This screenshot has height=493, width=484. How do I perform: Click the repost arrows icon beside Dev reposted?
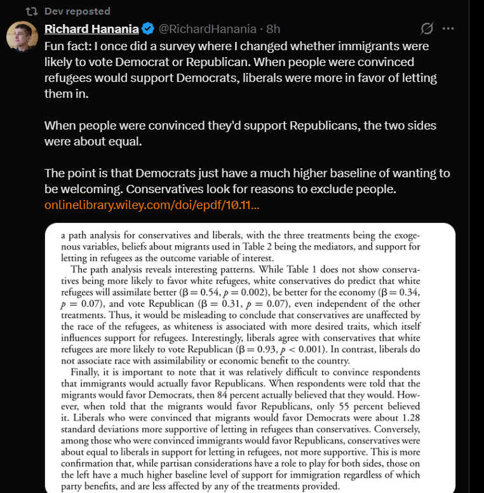30,11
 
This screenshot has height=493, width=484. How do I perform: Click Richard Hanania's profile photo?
22,36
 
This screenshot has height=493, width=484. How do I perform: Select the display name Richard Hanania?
91,29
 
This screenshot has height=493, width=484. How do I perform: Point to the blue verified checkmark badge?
147,29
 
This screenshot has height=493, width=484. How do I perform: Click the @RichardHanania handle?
206,29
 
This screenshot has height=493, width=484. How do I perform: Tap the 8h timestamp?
273,29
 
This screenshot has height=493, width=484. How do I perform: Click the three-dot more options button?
448,29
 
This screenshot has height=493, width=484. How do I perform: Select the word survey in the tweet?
176,46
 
